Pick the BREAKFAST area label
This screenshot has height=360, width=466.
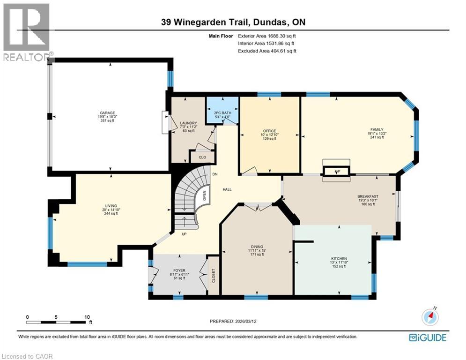pos(368,196)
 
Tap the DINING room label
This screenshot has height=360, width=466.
pos(257,247)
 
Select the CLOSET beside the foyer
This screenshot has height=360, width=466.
pos(213,275)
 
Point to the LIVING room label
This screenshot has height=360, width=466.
pos(111,205)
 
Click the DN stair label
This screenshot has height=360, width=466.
pos(215,174)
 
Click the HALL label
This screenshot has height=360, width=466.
pos(227,189)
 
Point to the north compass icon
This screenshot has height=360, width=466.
pos(430,316)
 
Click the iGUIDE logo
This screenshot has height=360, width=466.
pos(427,337)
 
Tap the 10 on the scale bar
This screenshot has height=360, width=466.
pos(87,317)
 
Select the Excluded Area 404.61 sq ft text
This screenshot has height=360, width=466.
pos(267,51)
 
